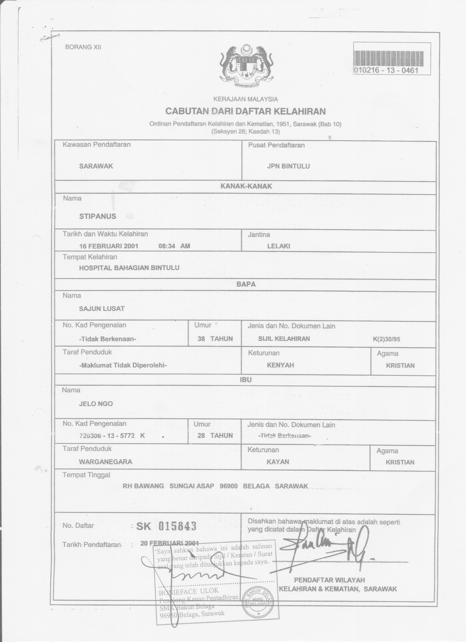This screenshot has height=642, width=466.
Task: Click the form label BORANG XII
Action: [83, 47]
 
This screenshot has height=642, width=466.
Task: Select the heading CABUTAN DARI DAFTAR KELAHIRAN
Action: [245, 111]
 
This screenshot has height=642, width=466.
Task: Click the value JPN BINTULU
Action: [288, 166]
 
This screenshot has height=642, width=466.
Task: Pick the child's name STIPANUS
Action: [98, 216]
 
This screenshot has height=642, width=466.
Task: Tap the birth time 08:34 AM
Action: [174, 246]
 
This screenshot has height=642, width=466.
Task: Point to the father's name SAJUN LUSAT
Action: [102, 308]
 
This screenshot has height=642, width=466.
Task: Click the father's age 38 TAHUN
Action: [215, 338]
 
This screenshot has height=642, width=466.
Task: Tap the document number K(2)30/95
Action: [386, 339]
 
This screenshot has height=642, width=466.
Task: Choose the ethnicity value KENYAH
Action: [280, 365]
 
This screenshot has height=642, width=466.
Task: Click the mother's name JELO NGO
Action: [96, 404]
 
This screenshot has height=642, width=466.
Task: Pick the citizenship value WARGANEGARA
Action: [105, 462]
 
